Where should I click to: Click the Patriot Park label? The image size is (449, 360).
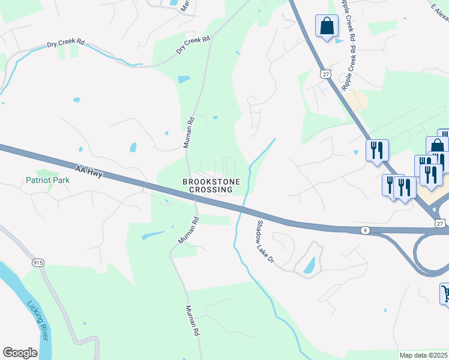[x=47, y=180]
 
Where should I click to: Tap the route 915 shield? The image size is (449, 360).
[x=38, y=263]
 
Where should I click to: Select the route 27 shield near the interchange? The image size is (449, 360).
[x=441, y=223]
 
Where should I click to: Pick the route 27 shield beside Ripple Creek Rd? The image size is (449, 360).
[x=325, y=73]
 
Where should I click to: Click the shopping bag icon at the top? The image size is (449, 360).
[x=327, y=26]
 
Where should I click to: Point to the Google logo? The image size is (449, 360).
[x=20, y=353]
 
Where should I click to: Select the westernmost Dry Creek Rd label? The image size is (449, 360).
[x=66, y=45]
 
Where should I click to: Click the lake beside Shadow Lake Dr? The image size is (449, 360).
[x=309, y=265]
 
